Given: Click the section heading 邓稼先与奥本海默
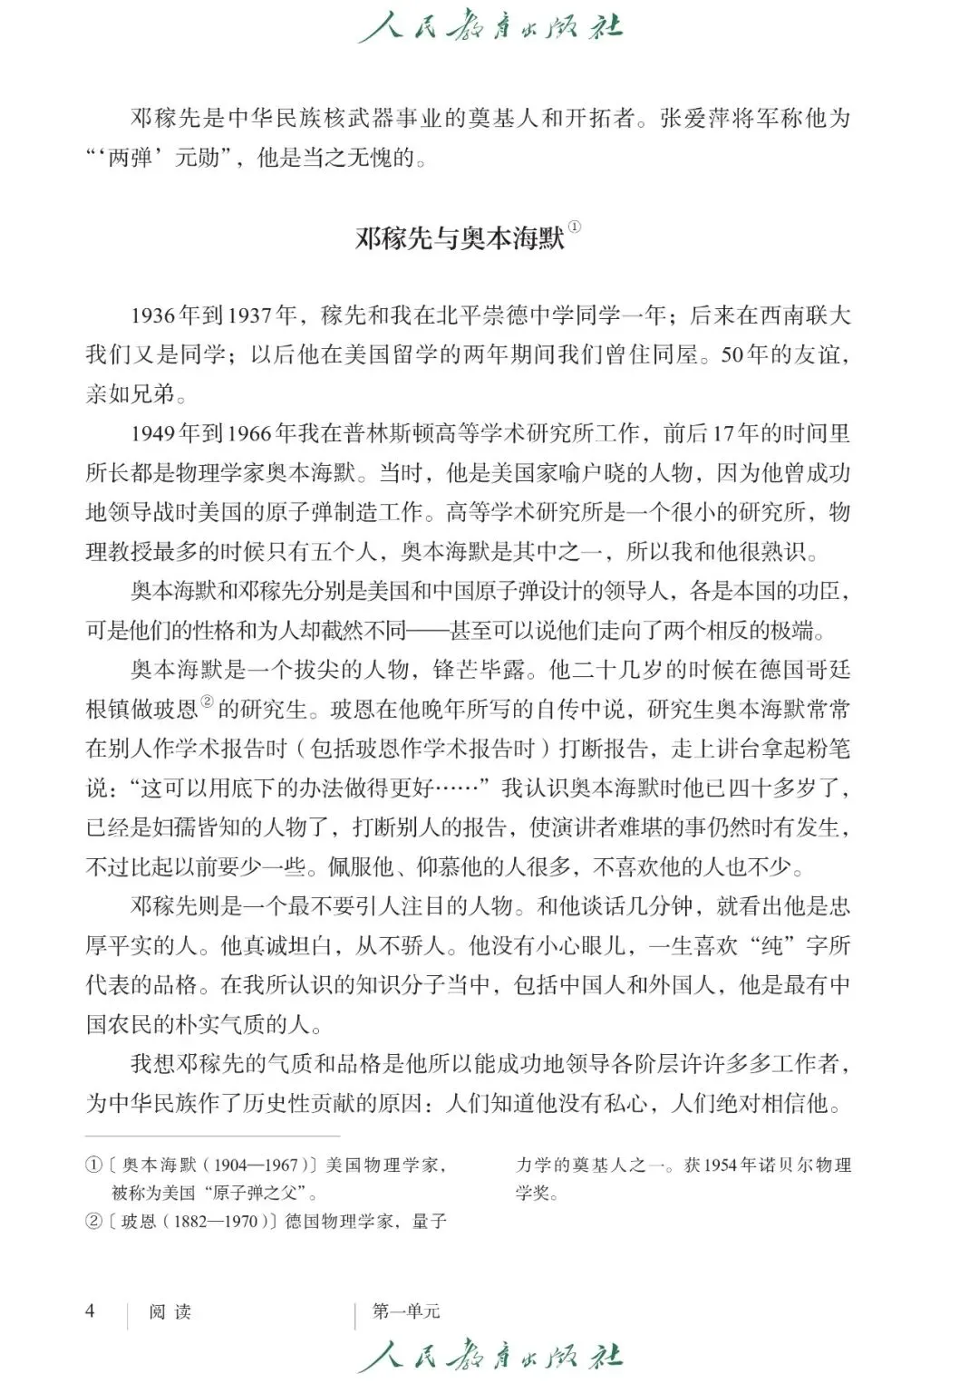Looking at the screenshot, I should [460, 238].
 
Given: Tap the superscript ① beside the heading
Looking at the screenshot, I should [575, 228].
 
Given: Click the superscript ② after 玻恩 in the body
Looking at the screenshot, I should [207, 703].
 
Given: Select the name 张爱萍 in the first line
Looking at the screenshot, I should [695, 118].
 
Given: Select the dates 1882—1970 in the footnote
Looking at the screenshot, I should [216, 1221].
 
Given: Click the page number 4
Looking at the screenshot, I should [90, 1310].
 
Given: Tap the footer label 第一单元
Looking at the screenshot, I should [406, 1311].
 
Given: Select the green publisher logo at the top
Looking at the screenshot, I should [489, 27].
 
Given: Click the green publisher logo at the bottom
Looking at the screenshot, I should [489, 1356].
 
